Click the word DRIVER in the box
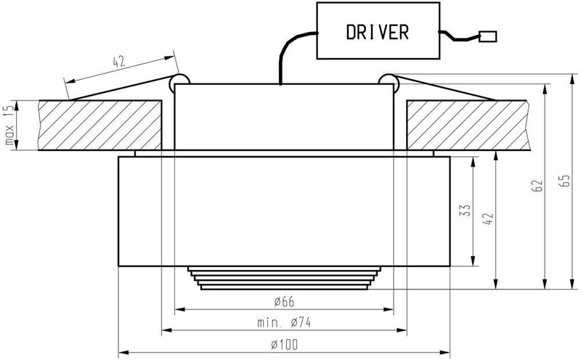tap(377, 32)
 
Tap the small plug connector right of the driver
tap(487, 36)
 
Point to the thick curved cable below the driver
tap(291, 48)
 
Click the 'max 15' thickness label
tap(9, 124)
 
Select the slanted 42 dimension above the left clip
tap(119, 62)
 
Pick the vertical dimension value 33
tap(466, 210)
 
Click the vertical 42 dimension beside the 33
tap(489, 218)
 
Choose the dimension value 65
tap(565, 181)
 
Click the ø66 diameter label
tap(284, 302)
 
